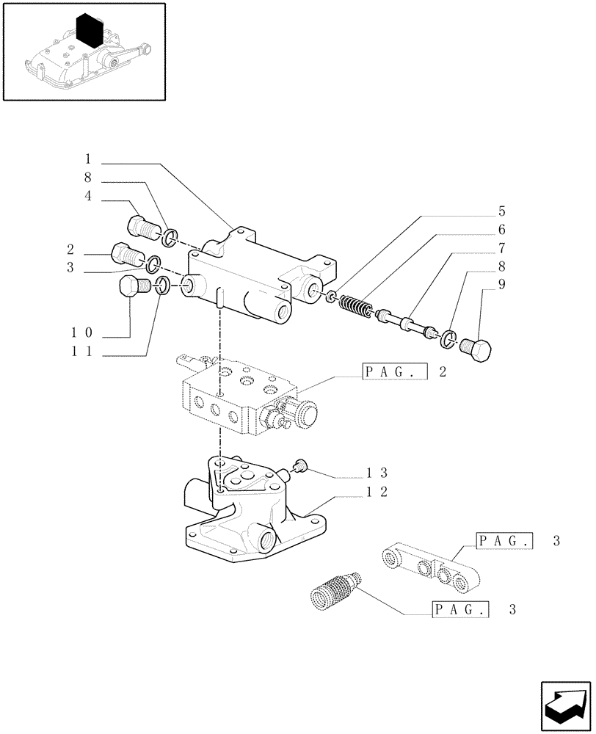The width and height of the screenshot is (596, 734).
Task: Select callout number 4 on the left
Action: coord(87,196)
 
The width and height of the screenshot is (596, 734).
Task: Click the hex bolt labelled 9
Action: coord(479,352)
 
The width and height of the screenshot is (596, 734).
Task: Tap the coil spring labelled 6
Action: coord(355,305)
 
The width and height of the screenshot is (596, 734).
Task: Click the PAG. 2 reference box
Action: coord(394,372)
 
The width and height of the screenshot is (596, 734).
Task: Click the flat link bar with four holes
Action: coord(429,569)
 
